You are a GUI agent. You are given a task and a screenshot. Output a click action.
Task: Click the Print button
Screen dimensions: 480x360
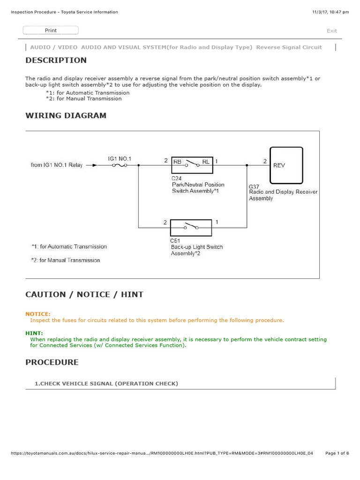click(51, 30)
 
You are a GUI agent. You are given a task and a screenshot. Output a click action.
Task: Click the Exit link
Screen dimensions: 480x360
click(331, 31)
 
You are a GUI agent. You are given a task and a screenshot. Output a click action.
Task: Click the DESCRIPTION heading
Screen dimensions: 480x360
click(56, 60)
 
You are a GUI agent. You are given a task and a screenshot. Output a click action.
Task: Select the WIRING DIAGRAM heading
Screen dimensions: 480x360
click(66, 115)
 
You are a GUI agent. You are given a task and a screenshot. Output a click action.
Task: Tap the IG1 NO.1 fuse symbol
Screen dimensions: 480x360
click(120, 165)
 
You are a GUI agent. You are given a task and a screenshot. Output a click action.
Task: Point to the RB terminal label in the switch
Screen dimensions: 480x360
click(178, 162)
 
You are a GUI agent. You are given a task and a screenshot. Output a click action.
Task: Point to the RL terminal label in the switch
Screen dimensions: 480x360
click(206, 162)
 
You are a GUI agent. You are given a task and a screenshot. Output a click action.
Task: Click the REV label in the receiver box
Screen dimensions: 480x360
click(279, 165)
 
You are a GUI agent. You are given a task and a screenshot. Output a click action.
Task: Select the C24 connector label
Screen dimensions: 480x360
click(176, 178)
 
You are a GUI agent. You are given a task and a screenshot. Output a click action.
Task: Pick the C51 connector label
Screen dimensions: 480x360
click(175, 240)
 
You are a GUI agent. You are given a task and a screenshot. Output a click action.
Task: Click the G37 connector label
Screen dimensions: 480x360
click(254, 187)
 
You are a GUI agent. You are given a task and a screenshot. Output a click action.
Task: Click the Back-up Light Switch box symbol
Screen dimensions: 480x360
click(191, 227)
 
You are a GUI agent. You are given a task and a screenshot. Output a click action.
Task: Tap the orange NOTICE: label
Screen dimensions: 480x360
click(38, 314)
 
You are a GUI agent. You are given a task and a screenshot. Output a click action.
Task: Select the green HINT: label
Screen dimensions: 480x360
click(34, 333)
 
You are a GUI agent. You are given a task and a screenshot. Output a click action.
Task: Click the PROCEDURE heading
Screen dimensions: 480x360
click(52, 362)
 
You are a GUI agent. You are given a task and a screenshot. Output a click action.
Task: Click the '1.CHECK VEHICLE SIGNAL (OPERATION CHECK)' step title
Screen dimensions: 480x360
click(106, 383)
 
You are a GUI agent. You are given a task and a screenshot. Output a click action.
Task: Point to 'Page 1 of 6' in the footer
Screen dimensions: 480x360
click(337, 453)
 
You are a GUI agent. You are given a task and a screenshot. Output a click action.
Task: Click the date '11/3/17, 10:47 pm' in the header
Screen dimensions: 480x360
click(330, 12)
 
